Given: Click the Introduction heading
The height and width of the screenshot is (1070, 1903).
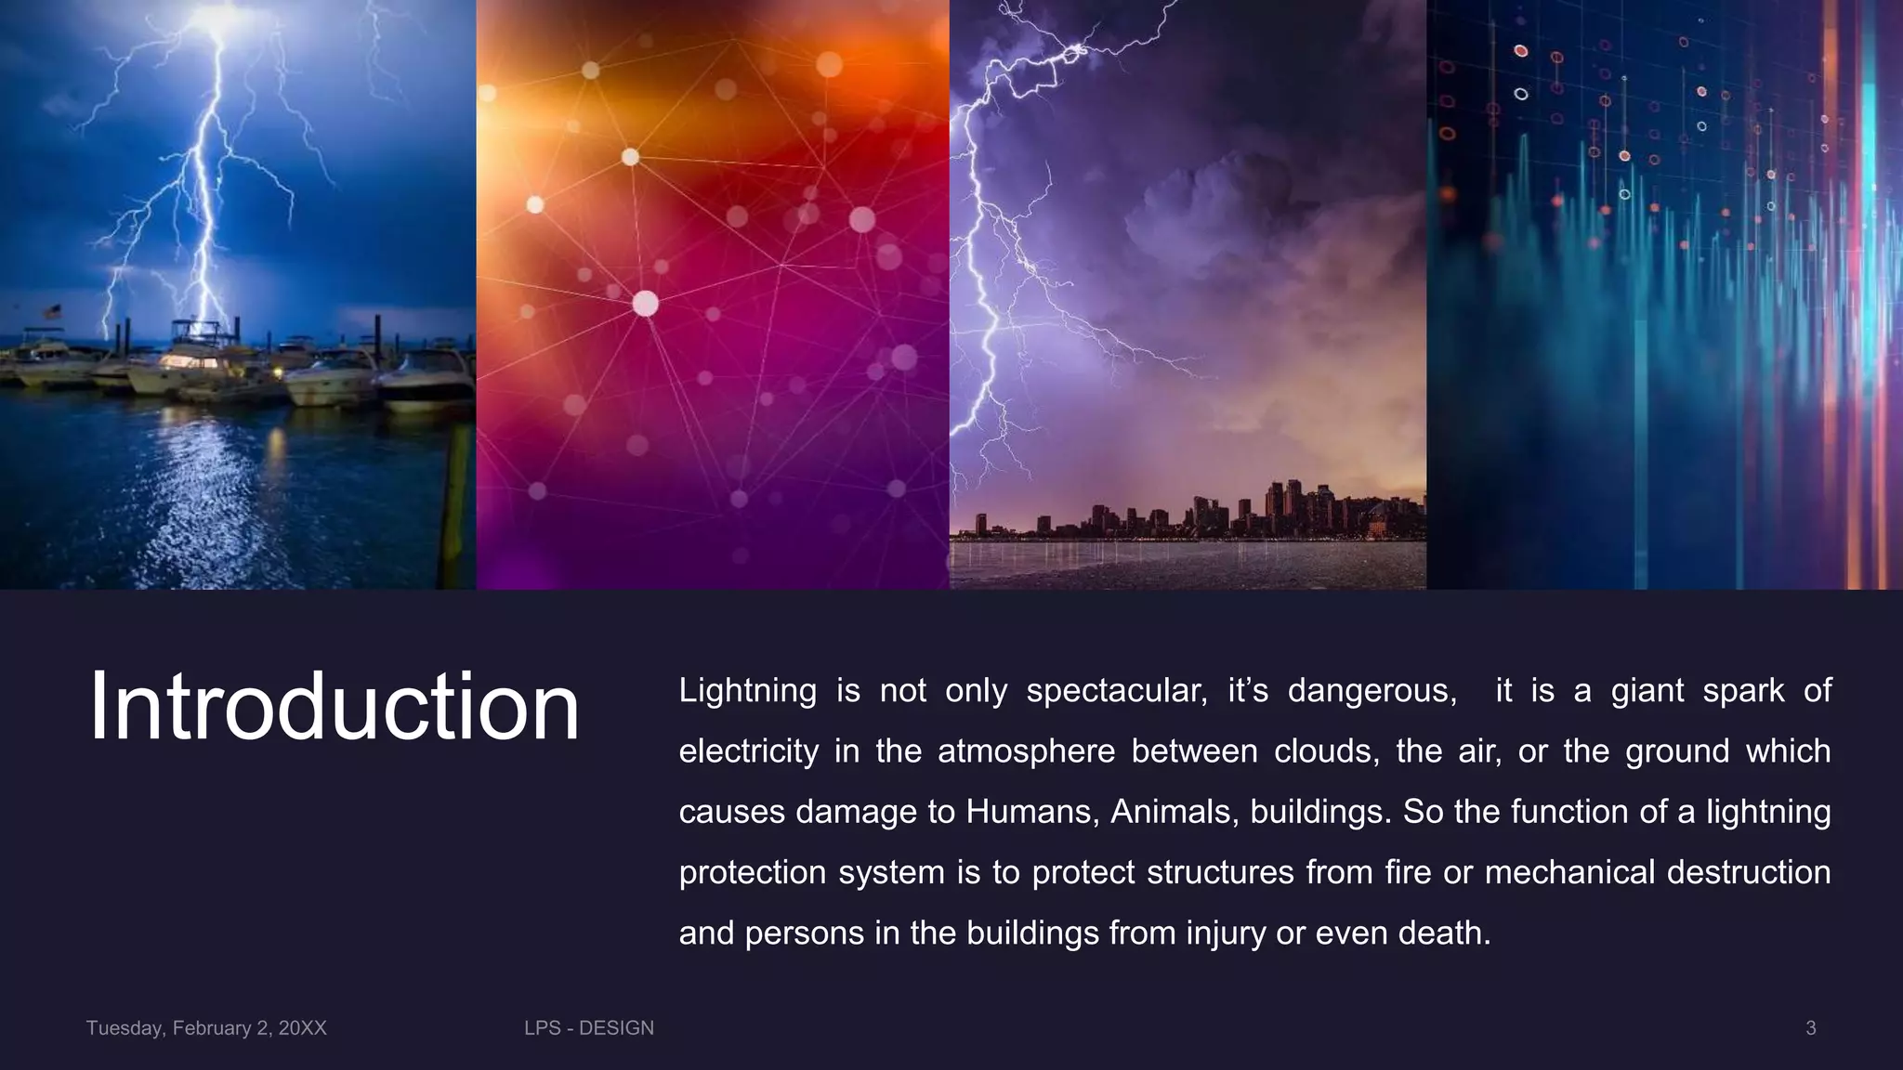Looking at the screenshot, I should (x=334, y=707).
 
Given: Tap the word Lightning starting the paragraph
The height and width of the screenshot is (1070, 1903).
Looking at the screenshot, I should (x=747, y=691).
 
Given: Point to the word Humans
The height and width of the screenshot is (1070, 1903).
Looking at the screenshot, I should (x=1032, y=812).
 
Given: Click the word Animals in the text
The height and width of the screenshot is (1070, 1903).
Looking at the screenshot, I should (x=1175, y=812).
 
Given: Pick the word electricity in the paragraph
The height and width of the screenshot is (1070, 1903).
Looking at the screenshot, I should (x=748, y=751).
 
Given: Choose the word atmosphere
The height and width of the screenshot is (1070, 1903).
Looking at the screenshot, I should (x=1026, y=751).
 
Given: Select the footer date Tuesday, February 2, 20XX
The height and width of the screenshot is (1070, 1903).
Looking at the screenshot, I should (x=206, y=1028).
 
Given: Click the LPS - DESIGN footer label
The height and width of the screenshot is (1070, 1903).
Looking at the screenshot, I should (x=589, y=1028).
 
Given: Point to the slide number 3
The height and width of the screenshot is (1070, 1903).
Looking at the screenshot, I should (x=1810, y=1028).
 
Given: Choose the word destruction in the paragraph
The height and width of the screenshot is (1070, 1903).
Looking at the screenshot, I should (x=1749, y=872).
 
